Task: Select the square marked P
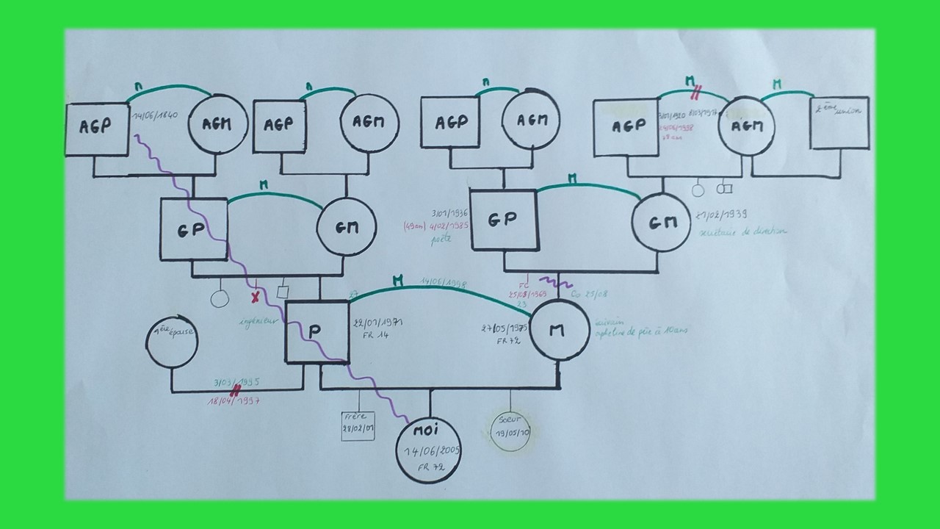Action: (x=316, y=331)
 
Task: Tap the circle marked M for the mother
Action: (x=557, y=330)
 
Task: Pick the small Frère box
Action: (x=358, y=425)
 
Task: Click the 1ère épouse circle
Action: (x=172, y=343)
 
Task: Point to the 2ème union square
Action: (x=840, y=123)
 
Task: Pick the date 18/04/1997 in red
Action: (x=234, y=401)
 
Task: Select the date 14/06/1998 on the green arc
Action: (x=442, y=283)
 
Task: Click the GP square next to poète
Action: (x=503, y=218)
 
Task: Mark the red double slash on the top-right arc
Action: (x=695, y=92)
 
